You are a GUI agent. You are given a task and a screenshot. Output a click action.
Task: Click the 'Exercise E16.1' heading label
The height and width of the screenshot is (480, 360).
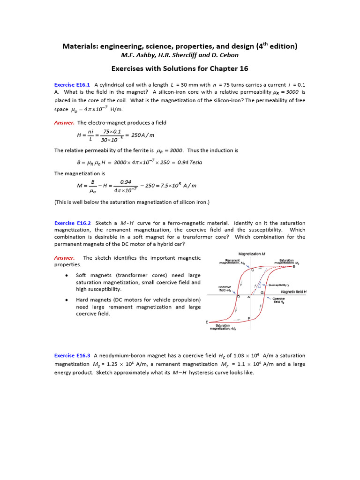click(72, 84)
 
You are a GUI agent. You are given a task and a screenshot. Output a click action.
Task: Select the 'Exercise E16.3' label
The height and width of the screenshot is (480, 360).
click(72, 355)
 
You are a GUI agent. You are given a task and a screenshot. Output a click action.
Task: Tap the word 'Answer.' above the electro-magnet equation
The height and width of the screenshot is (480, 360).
click(64, 123)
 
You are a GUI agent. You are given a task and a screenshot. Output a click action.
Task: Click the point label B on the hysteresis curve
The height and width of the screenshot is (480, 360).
click(294, 267)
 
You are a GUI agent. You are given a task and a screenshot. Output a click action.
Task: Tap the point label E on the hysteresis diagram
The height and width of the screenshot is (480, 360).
click(207, 322)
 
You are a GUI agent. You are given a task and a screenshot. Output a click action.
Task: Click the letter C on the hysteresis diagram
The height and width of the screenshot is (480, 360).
click(253, 270)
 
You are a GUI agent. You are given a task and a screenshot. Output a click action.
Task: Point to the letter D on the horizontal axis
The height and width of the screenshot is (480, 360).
click(239, 297)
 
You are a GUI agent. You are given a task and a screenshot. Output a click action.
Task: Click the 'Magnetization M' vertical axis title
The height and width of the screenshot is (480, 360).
click(252, 254)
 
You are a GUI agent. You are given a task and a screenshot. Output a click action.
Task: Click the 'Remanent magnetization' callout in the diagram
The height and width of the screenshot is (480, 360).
click(232, 262)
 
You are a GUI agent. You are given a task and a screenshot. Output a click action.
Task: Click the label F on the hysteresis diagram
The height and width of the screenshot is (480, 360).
click(248, 318)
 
